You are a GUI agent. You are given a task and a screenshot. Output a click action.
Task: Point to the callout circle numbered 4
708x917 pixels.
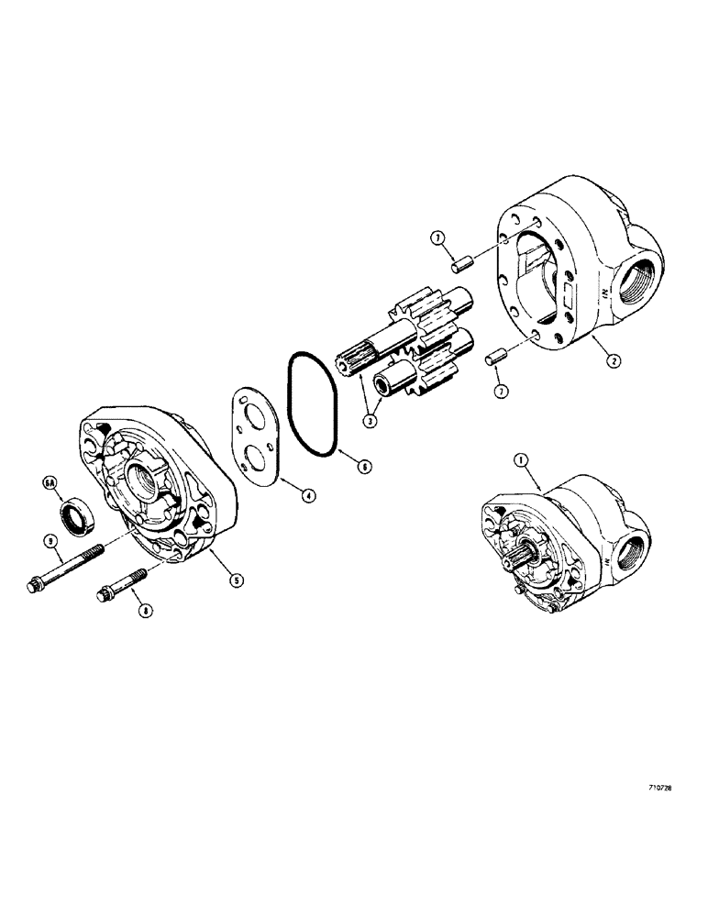point(308,494)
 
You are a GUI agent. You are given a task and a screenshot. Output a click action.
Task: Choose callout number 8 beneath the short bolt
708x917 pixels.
point(138,609)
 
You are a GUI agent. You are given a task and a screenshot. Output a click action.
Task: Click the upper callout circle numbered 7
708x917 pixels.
point(439,238)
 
